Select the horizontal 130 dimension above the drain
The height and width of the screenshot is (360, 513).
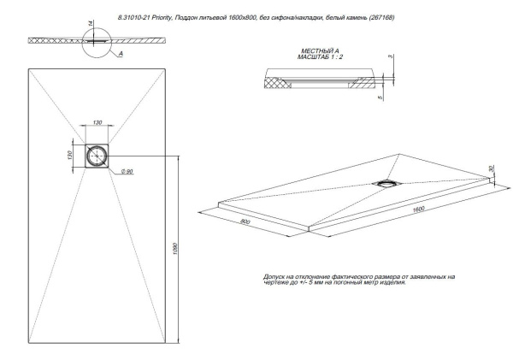click(97, 123)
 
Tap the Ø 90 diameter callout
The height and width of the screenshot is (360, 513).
click(126, 172)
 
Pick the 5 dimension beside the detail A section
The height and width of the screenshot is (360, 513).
click(379, 97)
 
